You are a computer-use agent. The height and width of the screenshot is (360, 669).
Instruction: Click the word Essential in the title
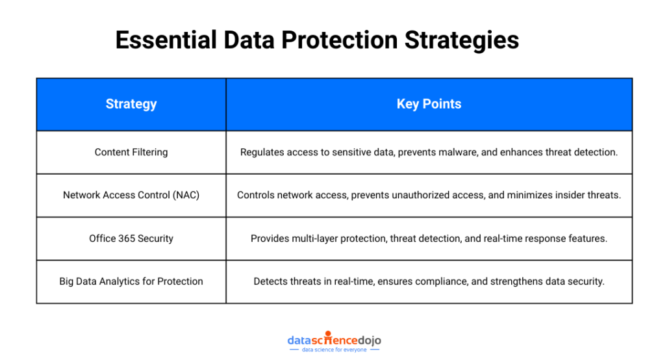coord(166,40)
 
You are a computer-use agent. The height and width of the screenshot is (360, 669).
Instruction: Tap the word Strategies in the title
coord(462,40)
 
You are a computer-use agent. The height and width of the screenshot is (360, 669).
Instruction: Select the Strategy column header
coord(131,104)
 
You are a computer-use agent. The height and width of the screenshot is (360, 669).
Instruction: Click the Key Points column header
coord(429,104)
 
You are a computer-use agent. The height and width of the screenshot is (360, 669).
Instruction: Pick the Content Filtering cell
coord(131,153)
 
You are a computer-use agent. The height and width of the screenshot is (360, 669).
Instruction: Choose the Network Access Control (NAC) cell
coord(131,195)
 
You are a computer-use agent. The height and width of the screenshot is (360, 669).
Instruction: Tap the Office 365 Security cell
coord(131,238)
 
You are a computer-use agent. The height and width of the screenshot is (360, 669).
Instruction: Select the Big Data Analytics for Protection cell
coord(131,281)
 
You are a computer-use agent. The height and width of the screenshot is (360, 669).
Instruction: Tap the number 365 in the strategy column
coord(127,238)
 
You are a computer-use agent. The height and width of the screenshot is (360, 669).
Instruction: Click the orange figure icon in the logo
coord(328,337)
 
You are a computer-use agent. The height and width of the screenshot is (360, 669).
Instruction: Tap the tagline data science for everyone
coord(334,350)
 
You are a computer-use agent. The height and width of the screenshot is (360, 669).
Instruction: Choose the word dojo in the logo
coord(369,341)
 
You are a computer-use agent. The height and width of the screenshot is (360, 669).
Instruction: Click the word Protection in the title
coord(339,40)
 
